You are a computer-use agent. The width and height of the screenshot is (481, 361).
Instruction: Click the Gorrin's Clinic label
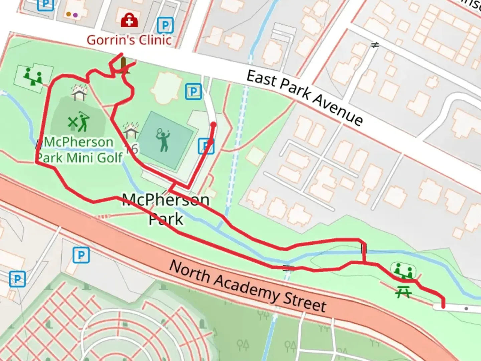(x=129, y=40)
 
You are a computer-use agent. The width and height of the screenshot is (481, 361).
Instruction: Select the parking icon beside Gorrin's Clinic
(x=165, y=25)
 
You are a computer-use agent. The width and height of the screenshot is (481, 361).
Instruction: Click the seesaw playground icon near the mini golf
(x=33, y=76)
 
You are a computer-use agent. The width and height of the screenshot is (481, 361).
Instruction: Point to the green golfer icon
(x=79, y=122)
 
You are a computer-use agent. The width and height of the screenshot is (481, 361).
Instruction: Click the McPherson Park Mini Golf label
(x=79, y=150)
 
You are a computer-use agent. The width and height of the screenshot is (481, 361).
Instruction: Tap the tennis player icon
(x=163, y=140)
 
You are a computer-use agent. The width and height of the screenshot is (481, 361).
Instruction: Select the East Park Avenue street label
(x=304, y=98)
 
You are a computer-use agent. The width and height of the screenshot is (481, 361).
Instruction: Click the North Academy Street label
(x=248, y=286)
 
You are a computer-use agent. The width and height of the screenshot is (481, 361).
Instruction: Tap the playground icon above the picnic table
(x=403, y=271)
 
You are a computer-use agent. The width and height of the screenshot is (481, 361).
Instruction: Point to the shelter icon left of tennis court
(x=130, y=131)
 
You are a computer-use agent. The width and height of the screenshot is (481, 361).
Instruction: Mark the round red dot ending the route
(x=213, y=125)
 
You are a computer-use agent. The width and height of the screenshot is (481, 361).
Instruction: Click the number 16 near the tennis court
(x=132, y=148)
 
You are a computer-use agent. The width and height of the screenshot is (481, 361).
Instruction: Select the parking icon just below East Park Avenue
(x=193, y=91)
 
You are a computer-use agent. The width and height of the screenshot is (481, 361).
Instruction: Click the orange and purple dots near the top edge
(x=72, y=15)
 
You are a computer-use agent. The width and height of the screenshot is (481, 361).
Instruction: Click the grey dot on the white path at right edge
(x=466, y=308)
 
